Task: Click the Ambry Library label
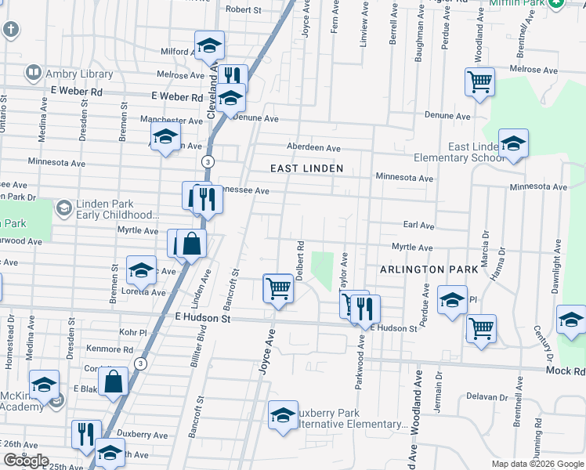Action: click(x=78, y=74)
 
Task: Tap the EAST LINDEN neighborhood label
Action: click(x=306, y=168)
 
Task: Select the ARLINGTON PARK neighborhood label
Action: click(x=429, y=269)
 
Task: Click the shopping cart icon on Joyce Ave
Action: click(x=279, y=287)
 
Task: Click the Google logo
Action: click(x=26, y=461)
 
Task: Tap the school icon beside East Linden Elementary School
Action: click(x=513, y=143)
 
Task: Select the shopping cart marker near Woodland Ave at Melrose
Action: click(x=479, y=81)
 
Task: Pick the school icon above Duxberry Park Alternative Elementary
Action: click(x=282, y=414)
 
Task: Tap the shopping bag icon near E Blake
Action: click(x=114, y=383)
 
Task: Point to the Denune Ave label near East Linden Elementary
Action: click(x=447, y=116)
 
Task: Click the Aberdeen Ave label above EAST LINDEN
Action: click(x=313, y=148)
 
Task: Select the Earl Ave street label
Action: click(x=418, y=226)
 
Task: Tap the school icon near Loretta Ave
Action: click(x=141, y=270)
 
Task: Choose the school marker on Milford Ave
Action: click(x=209, y=45)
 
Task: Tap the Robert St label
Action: click(x=243, y=10)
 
